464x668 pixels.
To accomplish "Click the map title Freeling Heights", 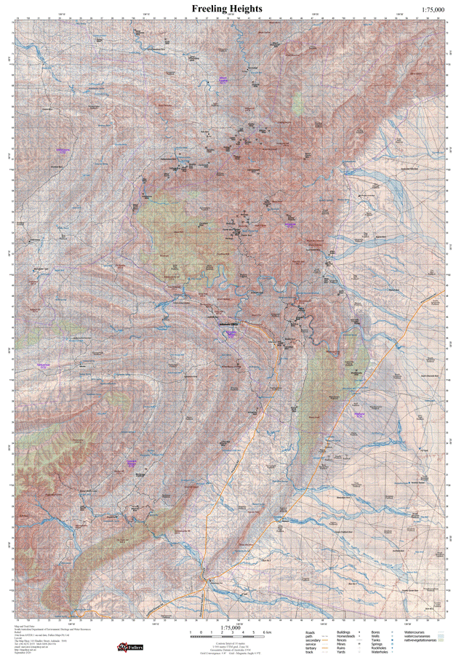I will [x=227, y=8].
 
